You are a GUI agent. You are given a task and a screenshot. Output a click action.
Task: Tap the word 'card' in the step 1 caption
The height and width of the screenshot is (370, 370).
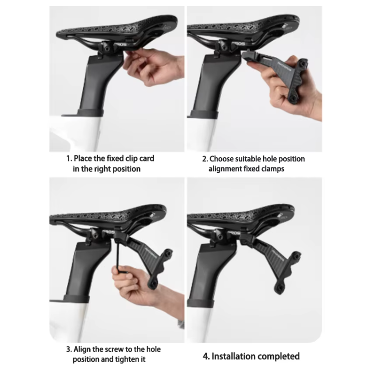(147, 158)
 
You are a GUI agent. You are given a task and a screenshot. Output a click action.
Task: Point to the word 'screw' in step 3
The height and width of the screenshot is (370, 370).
(114, 349)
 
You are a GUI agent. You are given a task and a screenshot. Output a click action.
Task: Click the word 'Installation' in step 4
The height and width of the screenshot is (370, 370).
(233, 356)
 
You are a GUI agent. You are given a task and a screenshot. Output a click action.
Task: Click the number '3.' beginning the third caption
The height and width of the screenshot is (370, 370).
(69, 349)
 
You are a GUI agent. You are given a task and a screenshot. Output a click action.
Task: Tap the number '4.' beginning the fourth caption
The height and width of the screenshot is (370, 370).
(206, 357)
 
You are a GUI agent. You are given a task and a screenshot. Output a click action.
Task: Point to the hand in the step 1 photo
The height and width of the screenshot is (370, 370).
(154, 67)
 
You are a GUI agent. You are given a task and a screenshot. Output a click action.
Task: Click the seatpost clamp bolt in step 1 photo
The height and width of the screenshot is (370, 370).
(107, 49)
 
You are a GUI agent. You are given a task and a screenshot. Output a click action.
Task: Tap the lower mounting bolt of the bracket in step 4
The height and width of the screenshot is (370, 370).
(280, 287)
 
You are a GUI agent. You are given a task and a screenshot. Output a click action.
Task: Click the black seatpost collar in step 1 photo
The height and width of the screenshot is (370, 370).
(90, 112)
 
